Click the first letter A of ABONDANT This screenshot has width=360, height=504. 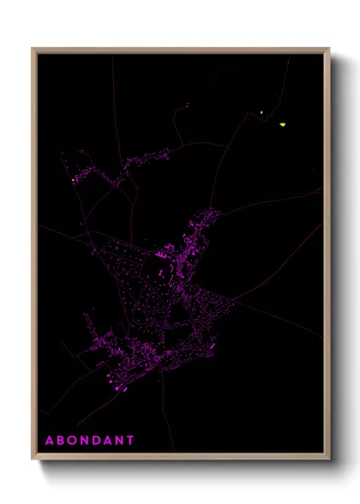(49, 441)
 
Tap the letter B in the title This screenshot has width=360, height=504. (61, 441)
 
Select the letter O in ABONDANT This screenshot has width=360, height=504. (73, 441)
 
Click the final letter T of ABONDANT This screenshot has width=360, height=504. (131, 441)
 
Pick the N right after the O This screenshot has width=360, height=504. (86, 441)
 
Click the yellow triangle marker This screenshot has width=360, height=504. (282, 125)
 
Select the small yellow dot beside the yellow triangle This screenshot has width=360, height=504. (262, 112)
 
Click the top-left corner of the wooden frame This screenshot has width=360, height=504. (33, 49)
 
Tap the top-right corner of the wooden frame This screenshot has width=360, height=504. (329, 49)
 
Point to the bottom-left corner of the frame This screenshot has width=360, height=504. (33, 459)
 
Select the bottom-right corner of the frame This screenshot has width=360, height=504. (329, 459)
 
